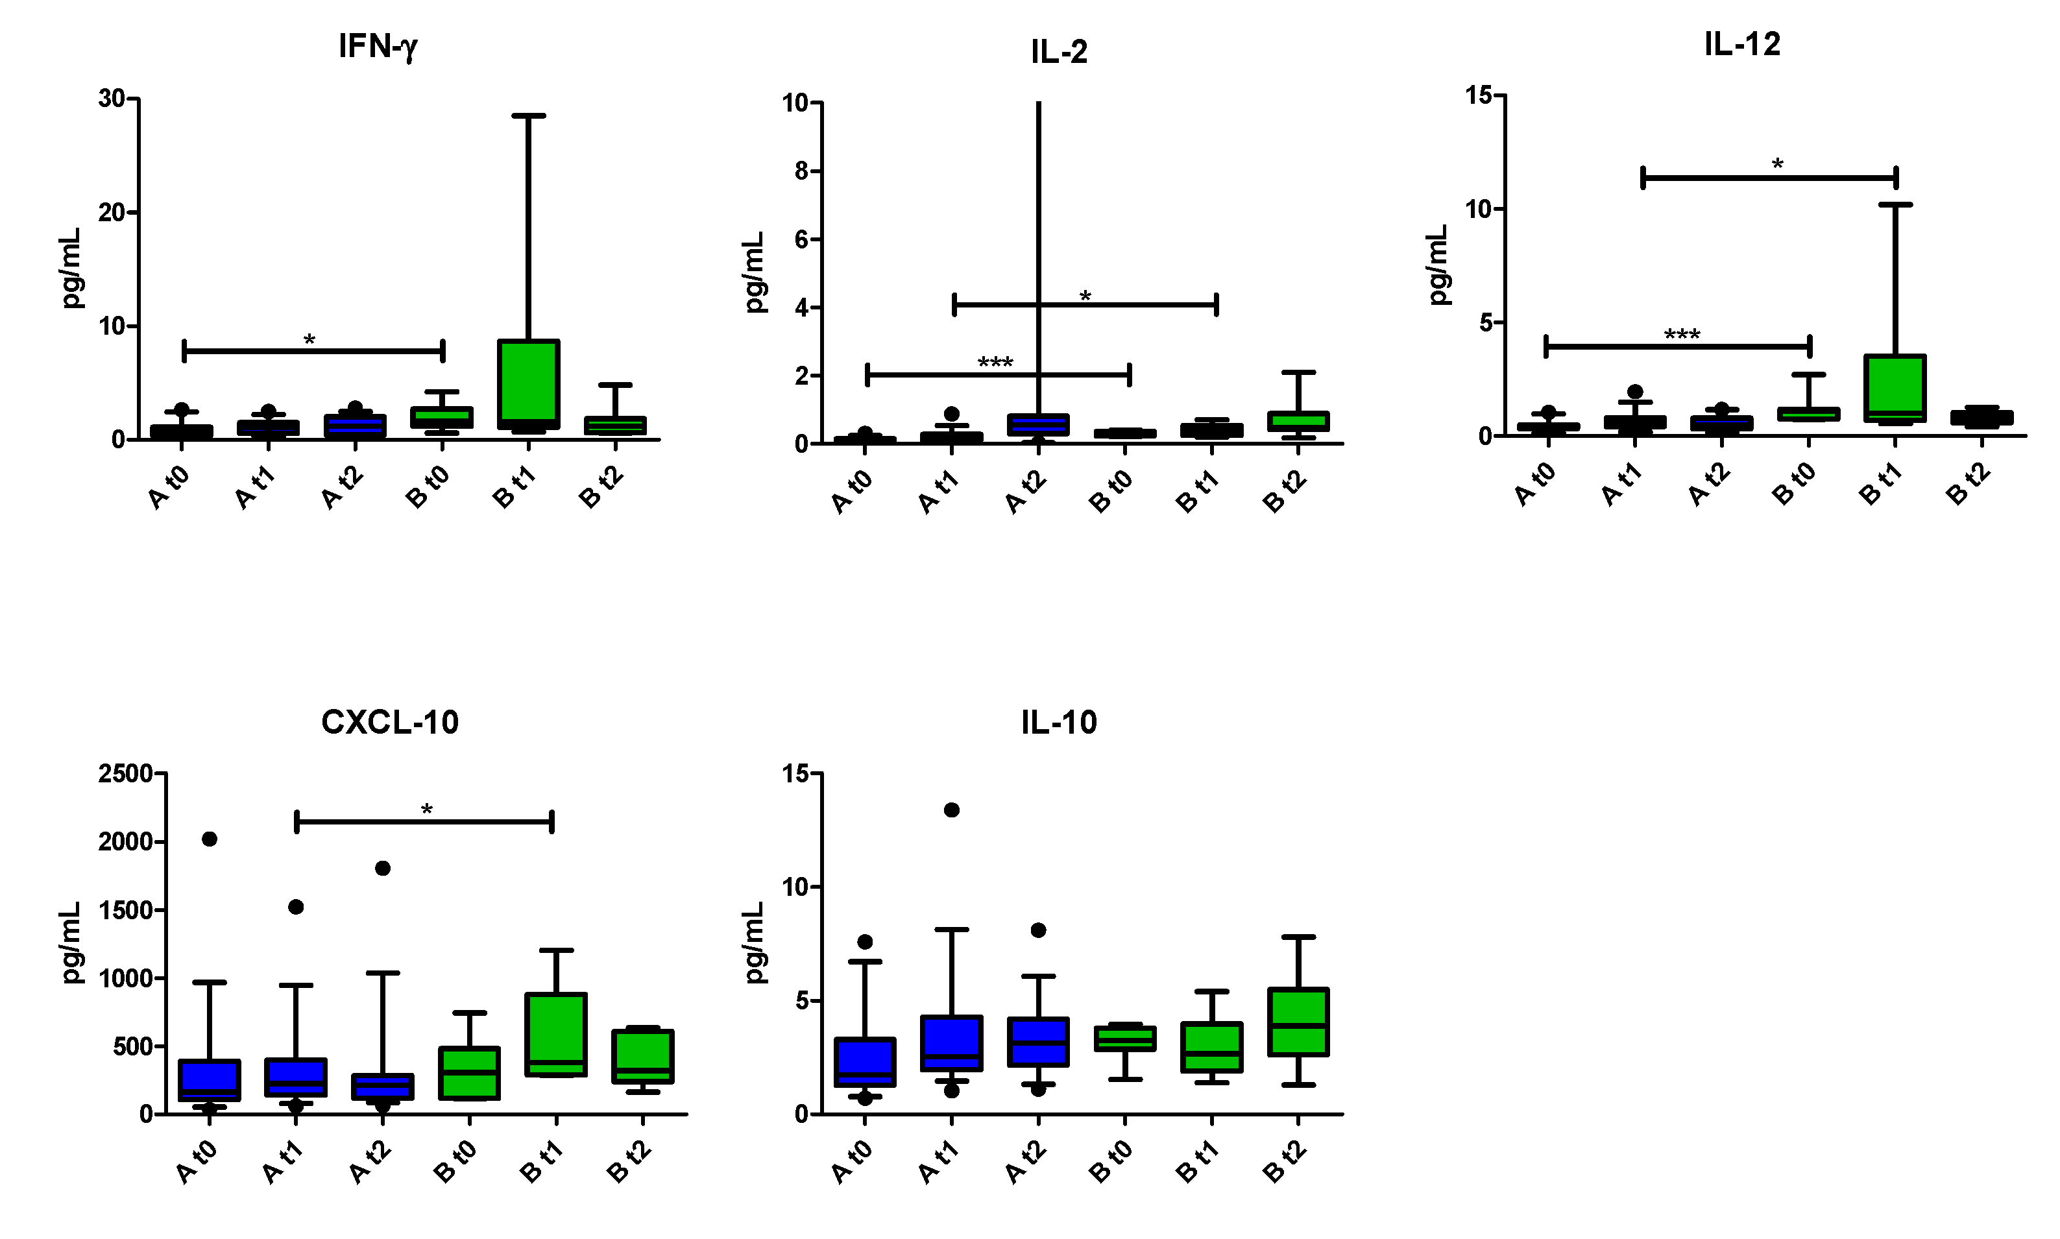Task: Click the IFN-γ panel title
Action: (x=378, y=46)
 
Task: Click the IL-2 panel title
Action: (x=1059, y=53)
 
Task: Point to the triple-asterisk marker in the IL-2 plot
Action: (x=995, y=363)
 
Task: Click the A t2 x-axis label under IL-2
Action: (x=1024, y=491)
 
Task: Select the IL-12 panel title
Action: (x=1742, y=44)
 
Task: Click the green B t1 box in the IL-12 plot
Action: (x=1895, y=387)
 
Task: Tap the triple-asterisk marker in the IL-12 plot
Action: (x=1682, y=335)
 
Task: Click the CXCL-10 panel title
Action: (x=389, y=722)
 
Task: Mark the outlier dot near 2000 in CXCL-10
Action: (x=210, y=839)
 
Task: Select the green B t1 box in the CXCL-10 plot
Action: (x=556, y=1033)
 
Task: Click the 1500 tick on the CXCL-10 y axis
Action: (x=125, y=910)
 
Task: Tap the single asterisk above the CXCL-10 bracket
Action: (x=427, y=809)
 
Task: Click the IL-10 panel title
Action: (x=1059, y=722)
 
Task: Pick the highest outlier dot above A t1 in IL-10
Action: (x=951, y=810)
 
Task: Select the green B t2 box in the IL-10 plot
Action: (x=1298, y=1022)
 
